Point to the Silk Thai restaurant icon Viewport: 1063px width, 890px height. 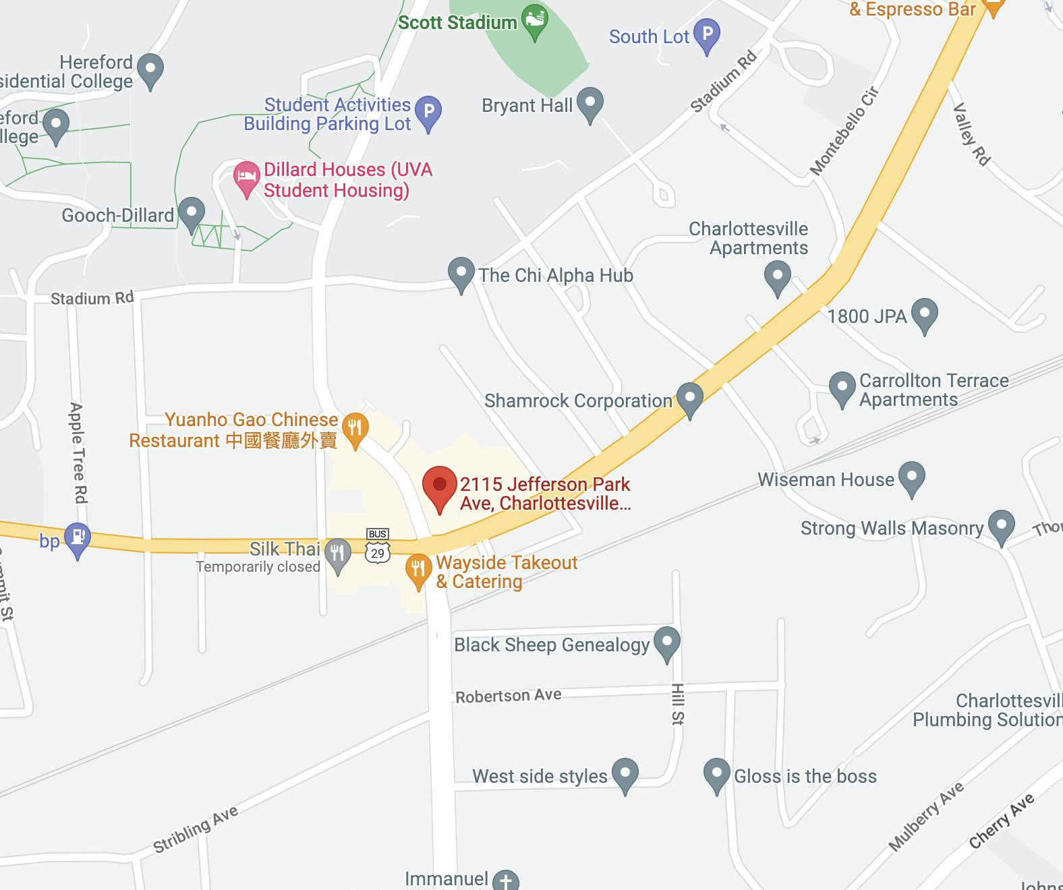(x=337, y=553)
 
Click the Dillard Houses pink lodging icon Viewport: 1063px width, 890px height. (x=246, y=177)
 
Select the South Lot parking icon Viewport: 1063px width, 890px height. (x=706, y=35)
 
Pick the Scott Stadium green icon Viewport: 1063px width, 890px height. (x=535, y=20)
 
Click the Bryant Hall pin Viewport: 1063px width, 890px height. (x=590, y=104)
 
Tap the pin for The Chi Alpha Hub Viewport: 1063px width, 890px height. (x=461, y=274)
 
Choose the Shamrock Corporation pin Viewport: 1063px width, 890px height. (x=689, y=398)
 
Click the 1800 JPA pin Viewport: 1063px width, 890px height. (x=924, y=314)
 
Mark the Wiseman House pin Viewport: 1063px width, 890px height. (x=912, y=477)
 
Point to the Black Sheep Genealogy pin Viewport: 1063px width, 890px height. (x=667, y=643)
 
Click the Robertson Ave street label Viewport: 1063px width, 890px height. (x=509, y=695)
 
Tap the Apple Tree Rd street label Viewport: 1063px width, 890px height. (x=78, y=452)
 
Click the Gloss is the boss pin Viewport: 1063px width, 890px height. (x=716, y=774)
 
